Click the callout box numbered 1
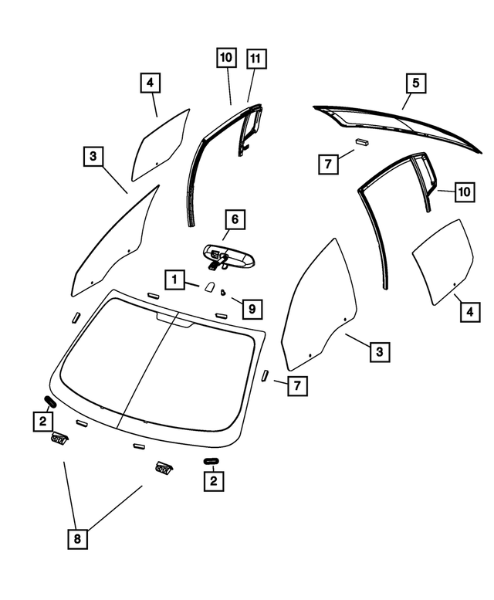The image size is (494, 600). click(x=176, y=279)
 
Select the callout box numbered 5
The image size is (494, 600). click(x=415, y=83)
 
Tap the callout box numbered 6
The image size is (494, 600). click(x=235, y=219)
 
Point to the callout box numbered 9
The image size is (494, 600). click(x=250, y=309)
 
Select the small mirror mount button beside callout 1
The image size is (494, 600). click(x=208, y=287)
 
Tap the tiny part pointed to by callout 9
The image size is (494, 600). click(x=222, y=292)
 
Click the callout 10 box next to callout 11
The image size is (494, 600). click(x=227, y=59)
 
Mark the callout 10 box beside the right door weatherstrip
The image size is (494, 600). click(x=462, y=191)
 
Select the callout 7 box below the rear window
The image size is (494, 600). click(x=327, y=164)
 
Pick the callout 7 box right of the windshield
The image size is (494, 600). click(x=296, y=385)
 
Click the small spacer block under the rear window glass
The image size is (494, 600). click(x=362, y=142)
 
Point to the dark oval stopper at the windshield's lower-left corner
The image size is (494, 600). click(x=50, y=401)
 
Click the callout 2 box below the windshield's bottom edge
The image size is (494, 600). click(x=212, y=481)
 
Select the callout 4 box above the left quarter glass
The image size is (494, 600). click(x=151, y=83)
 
